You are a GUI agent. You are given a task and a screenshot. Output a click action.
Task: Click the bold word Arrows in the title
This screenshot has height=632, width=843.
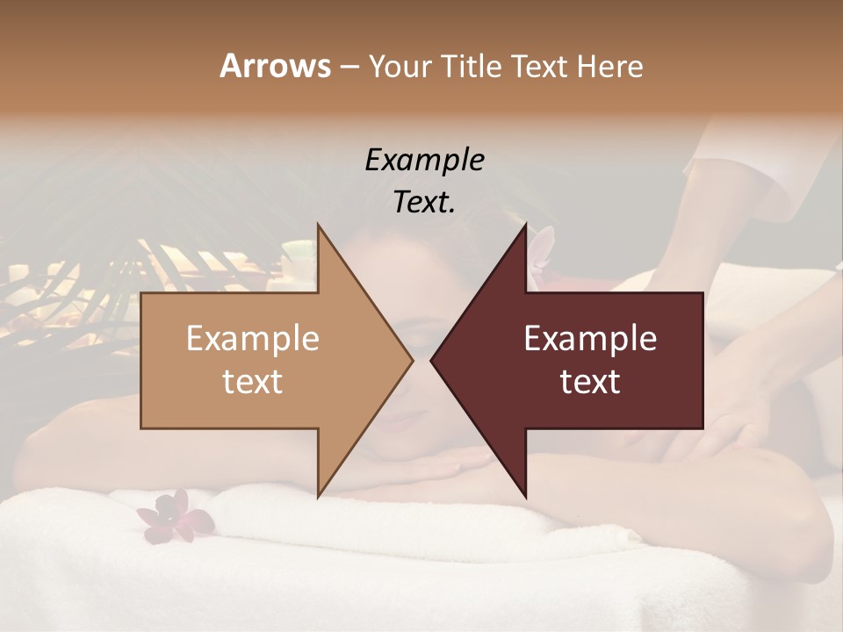click(275, 66)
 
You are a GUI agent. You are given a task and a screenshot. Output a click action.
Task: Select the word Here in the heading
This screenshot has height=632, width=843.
click(609, 67)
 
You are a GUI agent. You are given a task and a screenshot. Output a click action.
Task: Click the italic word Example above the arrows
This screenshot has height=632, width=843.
click(424, 160)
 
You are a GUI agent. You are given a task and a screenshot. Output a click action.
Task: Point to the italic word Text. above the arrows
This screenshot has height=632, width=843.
click(424, 203)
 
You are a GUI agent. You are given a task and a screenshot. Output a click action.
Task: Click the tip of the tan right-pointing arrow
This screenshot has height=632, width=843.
click(411, 360)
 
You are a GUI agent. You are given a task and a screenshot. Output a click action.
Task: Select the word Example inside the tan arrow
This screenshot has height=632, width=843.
click(253, 339)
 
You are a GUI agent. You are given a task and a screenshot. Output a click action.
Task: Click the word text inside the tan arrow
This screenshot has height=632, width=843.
click(253, 382)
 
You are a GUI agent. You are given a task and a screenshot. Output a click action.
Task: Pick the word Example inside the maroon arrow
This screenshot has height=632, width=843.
click(590, 339)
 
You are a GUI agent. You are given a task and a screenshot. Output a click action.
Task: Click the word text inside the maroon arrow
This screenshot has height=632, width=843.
click(590, 382)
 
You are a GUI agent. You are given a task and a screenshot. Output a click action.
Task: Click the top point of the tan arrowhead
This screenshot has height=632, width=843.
click(319, 226)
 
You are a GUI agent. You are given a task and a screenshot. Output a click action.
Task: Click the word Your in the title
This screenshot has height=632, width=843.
click(398, 67)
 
